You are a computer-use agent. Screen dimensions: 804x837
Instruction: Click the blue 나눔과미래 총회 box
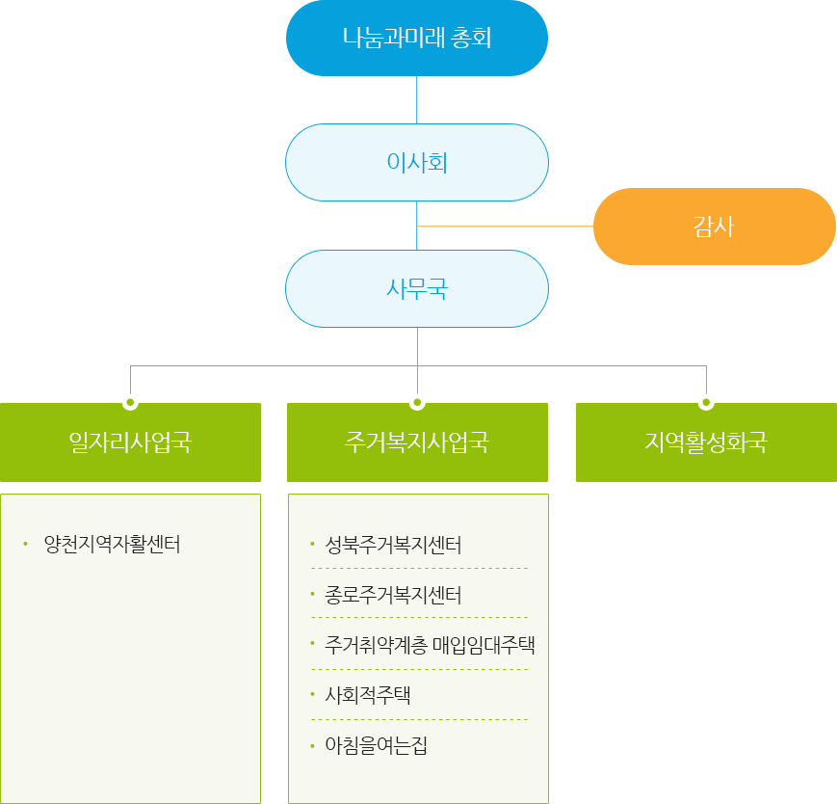(x=416, y=39)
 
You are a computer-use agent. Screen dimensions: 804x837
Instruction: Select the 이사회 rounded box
(x=416, y=163)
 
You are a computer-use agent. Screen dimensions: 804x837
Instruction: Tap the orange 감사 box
(x=714, y=227)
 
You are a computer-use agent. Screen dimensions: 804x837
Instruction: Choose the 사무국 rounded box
(x=416, y=288)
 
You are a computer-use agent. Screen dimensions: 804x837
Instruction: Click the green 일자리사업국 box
(x=130, y=442)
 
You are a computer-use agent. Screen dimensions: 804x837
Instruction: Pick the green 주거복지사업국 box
(x=417, y=442)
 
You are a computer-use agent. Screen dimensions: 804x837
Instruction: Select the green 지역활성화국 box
(x=706, y=442)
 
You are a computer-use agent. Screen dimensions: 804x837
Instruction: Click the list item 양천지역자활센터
(x=112, y=544)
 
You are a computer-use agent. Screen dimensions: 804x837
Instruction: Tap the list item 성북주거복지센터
(x=393, y=546)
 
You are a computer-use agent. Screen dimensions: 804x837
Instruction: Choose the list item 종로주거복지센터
(x=393, y=596)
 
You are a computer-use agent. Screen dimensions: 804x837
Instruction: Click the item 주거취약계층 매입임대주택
(x=430, y=646)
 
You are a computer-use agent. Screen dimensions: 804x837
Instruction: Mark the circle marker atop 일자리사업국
(x=130, y=401)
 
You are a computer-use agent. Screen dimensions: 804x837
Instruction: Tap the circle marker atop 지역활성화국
(x=706, y=401)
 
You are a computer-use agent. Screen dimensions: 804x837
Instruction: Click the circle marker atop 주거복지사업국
(x=417, y=401)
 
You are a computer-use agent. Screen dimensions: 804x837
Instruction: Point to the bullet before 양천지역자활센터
(x=26, y=544)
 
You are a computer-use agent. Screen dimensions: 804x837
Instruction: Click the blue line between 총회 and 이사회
(x=417, y=98)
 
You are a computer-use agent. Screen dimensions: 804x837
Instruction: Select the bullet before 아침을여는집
(x=312, y=746)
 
